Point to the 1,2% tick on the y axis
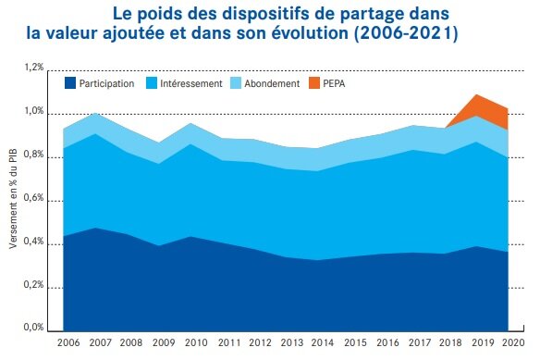pyautogui.click(x=33, y=68)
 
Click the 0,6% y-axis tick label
pyautogui.click(x=33, y=198)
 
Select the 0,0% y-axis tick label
pyautogui.click(x=33, y=328)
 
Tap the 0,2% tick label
pyautogui.click(x=33, y=285)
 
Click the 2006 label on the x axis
pyautogui.click(x=68, y=343)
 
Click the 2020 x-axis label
pyautogui.click(x=513, y=343)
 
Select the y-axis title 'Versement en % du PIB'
pyautogui.click(x=12, y=198)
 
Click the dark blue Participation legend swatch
pyautogui.click(x=70, y=83)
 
